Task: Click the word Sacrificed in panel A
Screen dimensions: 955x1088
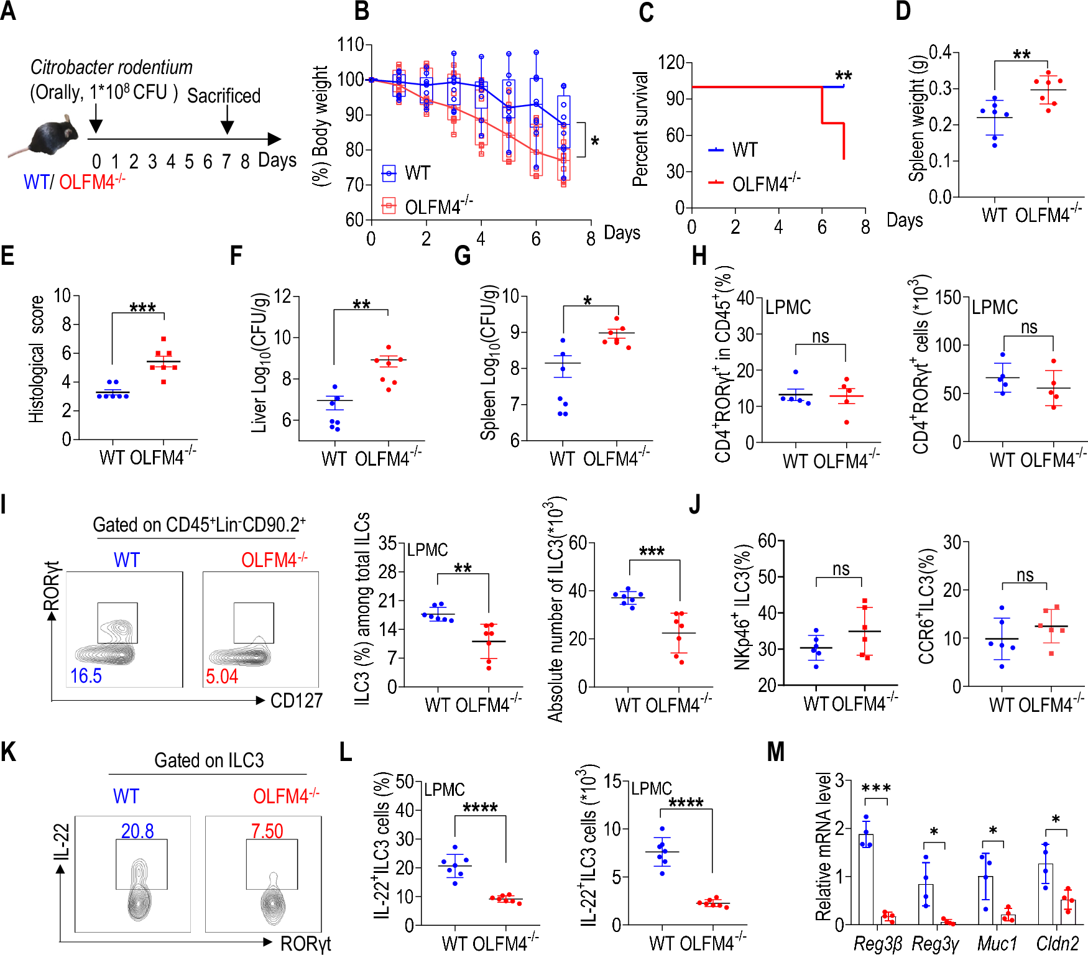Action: pyautogui.click(x=223, y=96)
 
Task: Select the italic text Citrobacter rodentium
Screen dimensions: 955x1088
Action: pyautogui.click(x=111, y=67)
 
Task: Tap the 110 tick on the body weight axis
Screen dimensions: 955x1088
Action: pyautogui.click(x=350, y=45)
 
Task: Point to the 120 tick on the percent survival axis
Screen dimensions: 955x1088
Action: pyautogui.click(x=671, y=62)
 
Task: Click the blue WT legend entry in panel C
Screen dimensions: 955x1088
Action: pyautogui.click(x=734, y=150)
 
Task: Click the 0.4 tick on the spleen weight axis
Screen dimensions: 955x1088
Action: pyautogui.click(x=940, y=52)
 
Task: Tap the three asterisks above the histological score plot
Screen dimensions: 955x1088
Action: pyautogui.click(x=142, y=308)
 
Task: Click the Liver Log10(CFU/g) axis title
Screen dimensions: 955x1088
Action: pyautogui.click(x=259, y=362)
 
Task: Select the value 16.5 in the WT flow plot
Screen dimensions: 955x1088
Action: pyautogui.click(x=86, y=676)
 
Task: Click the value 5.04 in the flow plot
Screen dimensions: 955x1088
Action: pyautogui.click(x=222, y=676)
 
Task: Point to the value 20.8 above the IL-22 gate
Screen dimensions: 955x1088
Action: pyautogui.click(x=137, y=831)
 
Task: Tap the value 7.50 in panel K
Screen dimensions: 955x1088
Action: pyautogui.click(x=267, y=831)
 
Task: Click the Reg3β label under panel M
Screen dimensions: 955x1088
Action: pyautogui.click(x=877, y=944)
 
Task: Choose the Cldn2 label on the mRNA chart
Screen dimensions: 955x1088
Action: pyautogui.click(x=1057, y=944)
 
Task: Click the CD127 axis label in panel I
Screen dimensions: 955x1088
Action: pyautogui.click(x=297, y=701)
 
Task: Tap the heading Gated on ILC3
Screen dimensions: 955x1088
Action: pyautogui.click(x=209, y=760)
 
